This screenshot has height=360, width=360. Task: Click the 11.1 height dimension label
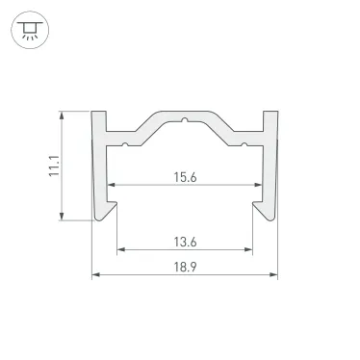click(55, 166)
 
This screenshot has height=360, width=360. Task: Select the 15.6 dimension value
click(185, 175)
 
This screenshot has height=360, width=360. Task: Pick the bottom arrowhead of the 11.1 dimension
click(64, 217)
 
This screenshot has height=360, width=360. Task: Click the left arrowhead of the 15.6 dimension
click(112, 184)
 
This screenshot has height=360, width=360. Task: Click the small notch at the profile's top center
click(184, 123)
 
